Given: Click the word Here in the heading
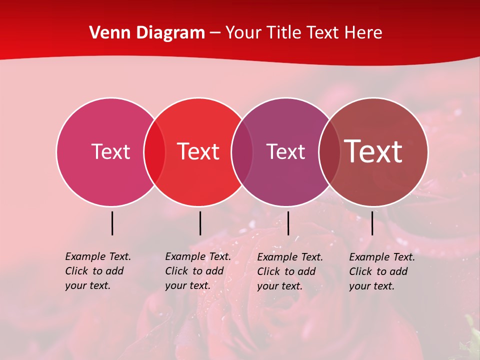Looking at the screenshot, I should [364, 33].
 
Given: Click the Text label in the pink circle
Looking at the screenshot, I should [110, 151].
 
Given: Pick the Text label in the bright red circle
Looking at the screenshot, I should [198, 151].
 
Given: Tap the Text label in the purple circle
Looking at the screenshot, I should [285, 151].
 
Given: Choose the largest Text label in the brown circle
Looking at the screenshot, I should [373, 151].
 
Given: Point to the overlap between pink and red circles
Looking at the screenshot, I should [154, 151].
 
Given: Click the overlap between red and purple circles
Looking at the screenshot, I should [242, 151].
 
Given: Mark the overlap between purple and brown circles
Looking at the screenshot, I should [329, 151].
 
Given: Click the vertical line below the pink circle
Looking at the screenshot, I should [112, 223].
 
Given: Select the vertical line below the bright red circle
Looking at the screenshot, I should [200, 223].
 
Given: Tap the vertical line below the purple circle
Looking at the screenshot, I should [288, 223].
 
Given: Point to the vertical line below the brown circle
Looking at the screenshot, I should [372, 223].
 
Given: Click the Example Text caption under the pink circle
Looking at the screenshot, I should [97, 271].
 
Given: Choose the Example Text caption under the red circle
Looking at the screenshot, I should [197, 271].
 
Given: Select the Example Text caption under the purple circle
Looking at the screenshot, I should [289, 271].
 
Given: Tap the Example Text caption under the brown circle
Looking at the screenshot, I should [381, 271].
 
